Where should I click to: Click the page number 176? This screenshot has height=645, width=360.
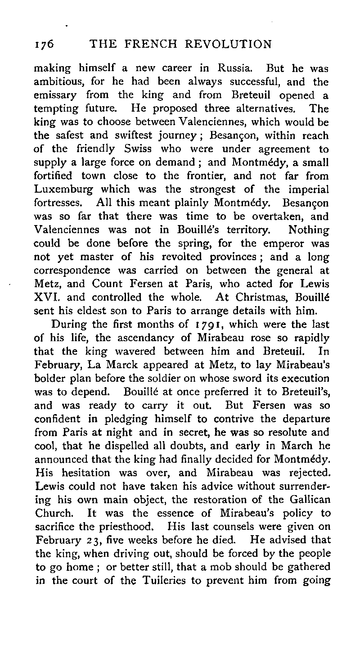coord(44,44)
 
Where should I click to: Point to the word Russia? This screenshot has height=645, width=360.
coord(232,70)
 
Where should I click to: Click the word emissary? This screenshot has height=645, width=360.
coord(56,96)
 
